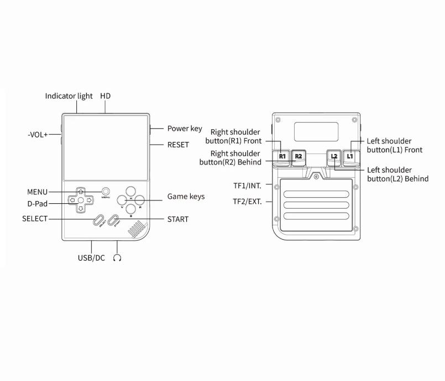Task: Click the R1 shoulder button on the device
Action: coord(282,156)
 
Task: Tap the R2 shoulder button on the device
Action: coord(298,156)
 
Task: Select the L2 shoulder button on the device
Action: coord(334,156)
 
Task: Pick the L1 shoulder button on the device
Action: coord(349,156)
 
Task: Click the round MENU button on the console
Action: coord(106,191)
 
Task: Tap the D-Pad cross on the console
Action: coord(80,200)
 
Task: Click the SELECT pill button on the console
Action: coord(100,220)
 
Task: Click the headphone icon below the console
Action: coord(117,258)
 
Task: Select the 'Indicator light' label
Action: coord(69,96)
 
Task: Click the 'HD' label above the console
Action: coord(106,96)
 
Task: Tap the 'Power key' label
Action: coord(185,129)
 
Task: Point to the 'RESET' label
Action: coord(178,145)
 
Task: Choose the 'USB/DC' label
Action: coord(91,258)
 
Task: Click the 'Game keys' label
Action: coord(186,197)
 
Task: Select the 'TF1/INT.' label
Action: coord(247,186)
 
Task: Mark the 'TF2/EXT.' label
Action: coord(247,202)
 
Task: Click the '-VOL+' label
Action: coord(38,134)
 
